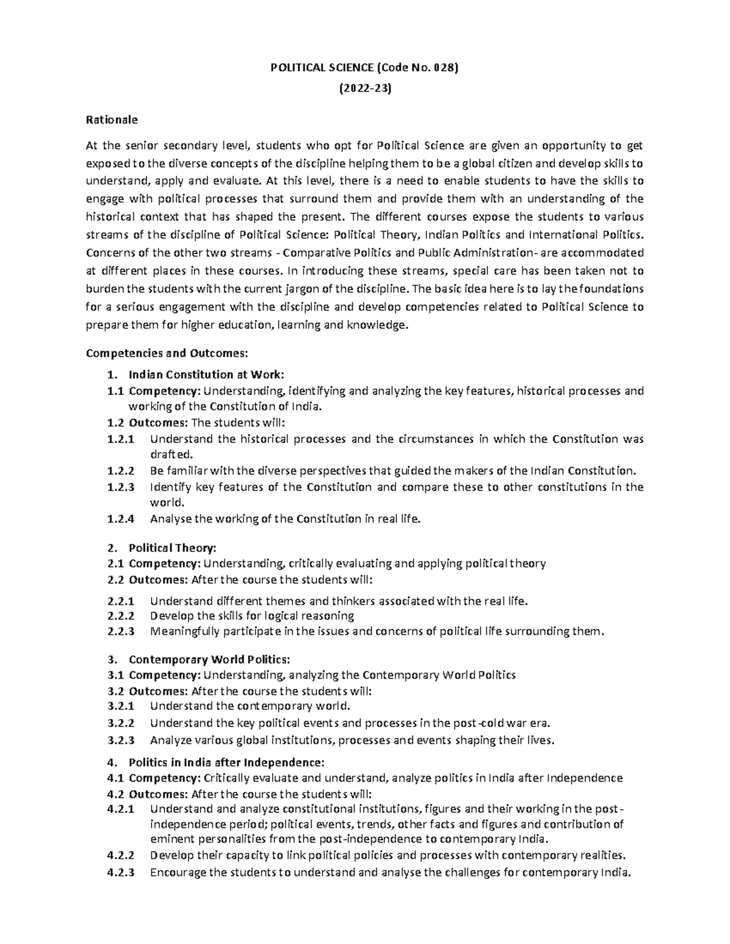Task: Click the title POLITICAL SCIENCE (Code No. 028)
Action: click(x=364, y=68)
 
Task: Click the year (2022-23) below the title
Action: click(x=364, y=89)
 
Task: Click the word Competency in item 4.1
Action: click(x=164, y=778)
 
